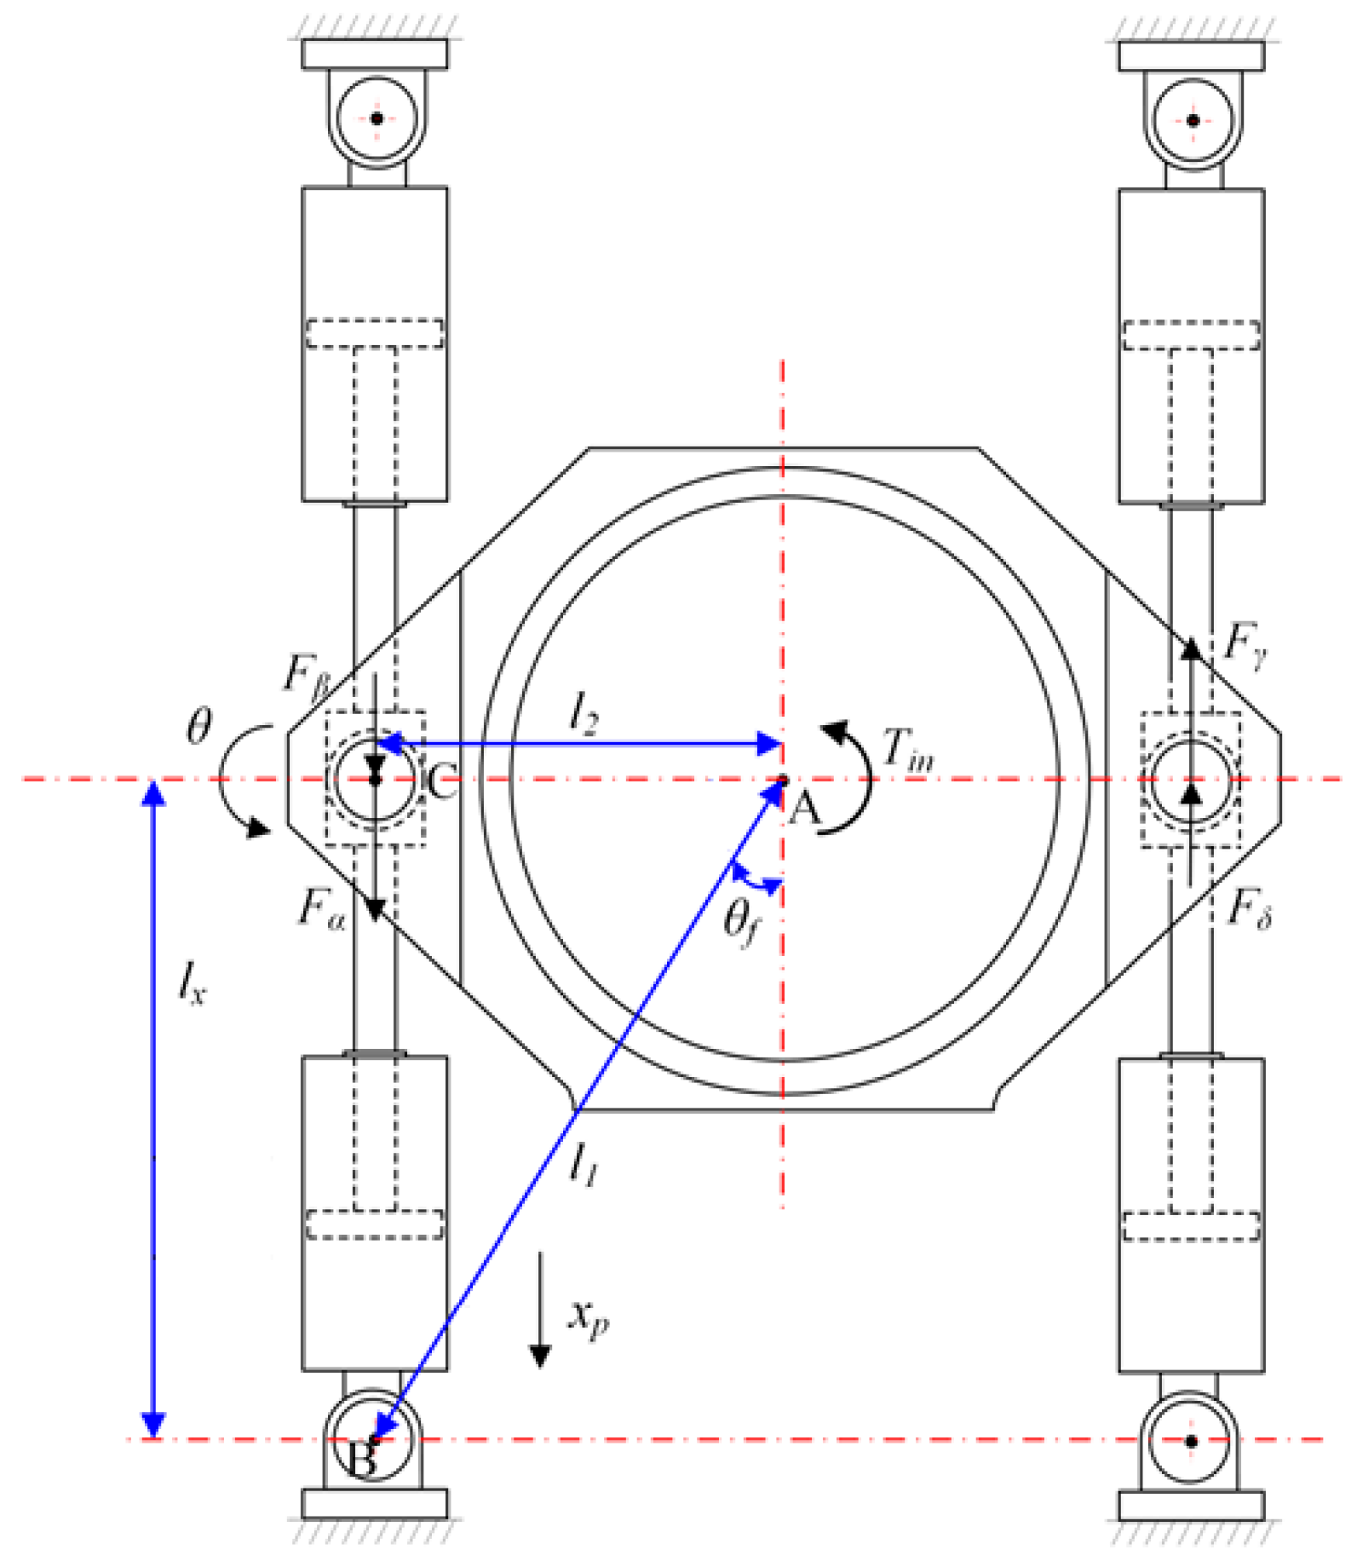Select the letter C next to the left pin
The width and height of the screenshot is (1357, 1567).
click(x=442, y=779)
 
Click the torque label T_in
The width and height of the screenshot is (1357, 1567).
click(x=907, y=750)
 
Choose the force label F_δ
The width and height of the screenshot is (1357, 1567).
click(x=1249, y=910)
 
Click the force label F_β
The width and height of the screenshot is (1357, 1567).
click(x=305, y=676)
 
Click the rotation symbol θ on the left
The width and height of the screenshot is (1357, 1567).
click(x=198, y=727)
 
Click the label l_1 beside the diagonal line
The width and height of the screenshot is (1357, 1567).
click(x=584, y=1163)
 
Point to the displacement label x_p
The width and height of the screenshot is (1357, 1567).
click(x=588, y=1318)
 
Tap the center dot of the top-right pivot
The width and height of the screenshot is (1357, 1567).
click(x=1193, y=120)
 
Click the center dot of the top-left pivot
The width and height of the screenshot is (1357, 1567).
click(x=377, y=118)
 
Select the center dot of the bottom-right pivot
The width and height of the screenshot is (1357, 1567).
click(x=1191, y=1441)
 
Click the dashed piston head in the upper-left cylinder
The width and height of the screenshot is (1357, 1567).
click(x=375, y=333)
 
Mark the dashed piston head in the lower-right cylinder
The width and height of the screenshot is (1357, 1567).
click(x=1191, y=1226)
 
